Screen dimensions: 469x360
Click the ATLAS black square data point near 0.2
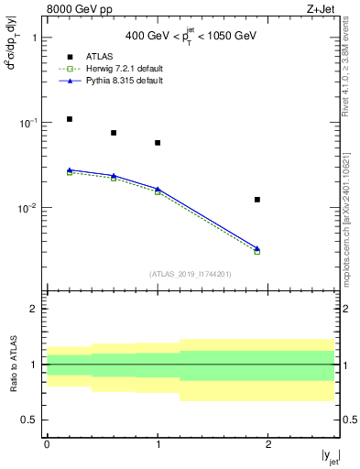coord(70,119)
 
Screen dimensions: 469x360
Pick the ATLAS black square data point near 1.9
coord(257,200)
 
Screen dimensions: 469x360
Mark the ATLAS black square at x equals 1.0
coord(158,143)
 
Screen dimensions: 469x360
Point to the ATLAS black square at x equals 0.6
coord(114,133)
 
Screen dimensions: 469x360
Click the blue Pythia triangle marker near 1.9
coord(257,248)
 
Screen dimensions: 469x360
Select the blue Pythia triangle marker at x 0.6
coord(114,175)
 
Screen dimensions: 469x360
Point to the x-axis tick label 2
coord(268,444)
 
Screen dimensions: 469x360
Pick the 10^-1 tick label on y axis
coord(30,123)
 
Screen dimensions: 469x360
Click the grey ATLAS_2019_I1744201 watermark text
coord(191,274)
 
